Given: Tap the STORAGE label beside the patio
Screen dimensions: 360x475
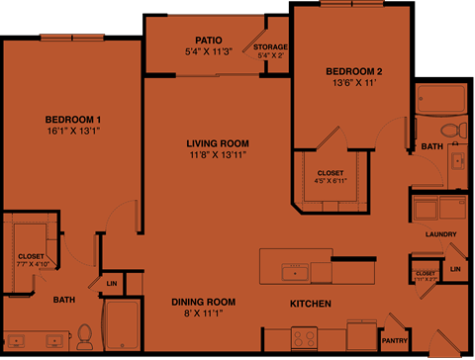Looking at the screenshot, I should (270, 46).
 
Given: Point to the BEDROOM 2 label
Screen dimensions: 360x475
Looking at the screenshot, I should (353, 71).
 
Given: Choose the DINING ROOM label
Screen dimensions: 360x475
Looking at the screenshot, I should (203, 302).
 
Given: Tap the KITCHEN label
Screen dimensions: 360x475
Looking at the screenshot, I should (310, 303).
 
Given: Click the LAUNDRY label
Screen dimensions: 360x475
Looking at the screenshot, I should (438, 234).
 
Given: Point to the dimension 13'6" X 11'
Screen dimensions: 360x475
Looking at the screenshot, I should (353, 83).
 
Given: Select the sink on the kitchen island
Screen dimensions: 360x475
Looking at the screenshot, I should (294, 268).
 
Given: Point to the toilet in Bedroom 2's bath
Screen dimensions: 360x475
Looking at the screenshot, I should (450, 131).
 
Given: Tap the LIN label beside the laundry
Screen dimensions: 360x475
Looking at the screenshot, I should (455, 269).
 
